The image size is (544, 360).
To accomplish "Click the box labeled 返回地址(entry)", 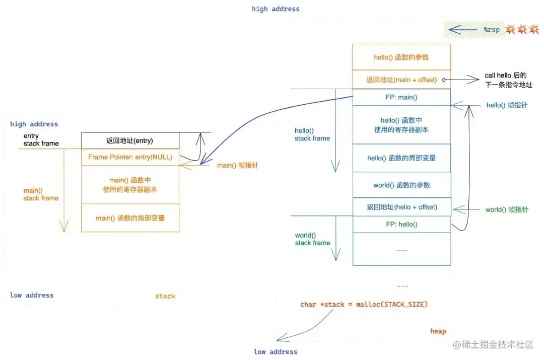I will point(130,140).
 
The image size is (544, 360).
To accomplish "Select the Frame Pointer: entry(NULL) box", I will point(130,157).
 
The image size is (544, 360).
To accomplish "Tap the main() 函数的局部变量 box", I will point(130,218).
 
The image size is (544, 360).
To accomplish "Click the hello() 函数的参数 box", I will point(401,57).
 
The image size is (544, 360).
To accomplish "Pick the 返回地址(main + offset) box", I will point(401,80).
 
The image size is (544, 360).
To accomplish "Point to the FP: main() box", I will point(401,98).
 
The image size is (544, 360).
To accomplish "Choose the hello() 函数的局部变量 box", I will point(401,158).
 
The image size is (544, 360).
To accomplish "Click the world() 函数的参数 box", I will point(401,185).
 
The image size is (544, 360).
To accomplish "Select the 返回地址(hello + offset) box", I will point(401,207).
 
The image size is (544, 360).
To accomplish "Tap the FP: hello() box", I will point(401,225).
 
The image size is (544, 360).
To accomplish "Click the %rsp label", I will point(492,30).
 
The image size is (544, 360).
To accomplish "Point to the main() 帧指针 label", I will point(238,166).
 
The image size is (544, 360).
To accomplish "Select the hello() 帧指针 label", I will point(507,105).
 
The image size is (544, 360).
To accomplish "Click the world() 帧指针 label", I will point(507,209).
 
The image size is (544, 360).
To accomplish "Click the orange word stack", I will point(165,296).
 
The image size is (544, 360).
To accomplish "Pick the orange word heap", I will point(438,331).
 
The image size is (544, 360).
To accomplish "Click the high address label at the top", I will point(276,9).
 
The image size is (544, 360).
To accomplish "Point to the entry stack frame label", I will point(41,140).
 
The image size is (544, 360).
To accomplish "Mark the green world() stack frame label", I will point(312,239).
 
